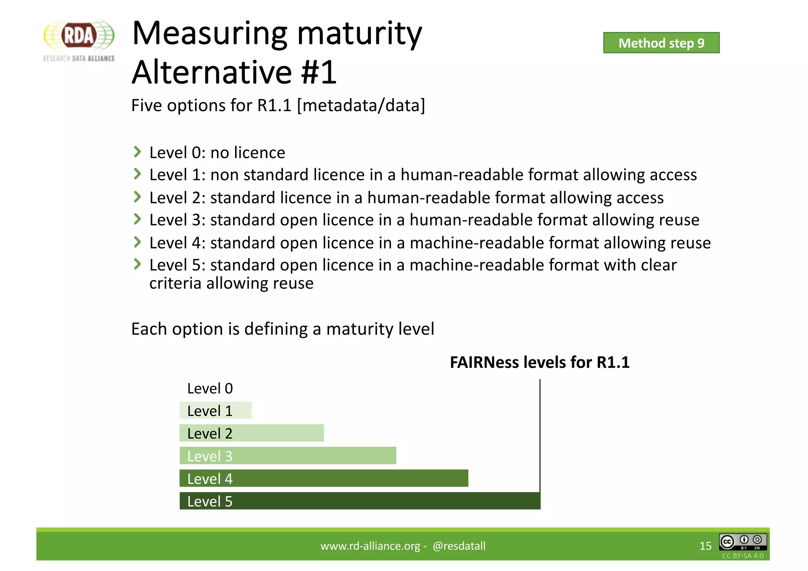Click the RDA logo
click(x=79, y=40)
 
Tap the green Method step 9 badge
click(x=661, y=43)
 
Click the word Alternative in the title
click(x=213, y=72)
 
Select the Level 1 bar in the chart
click(x=215, y=411)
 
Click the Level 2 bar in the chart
click(x=252, y=433)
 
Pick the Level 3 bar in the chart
click(x=288, y=456)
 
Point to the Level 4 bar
click(x=324, y=478)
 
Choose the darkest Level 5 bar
click(x=360, y=501)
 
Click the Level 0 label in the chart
click(x=210, y=388)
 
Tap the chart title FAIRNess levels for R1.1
click(x=539, y=362)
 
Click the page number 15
click(x=705, y=546)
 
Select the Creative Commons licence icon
click(x=743, y=542)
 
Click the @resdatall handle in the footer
click(x=459, y=546)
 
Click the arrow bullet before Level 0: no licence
click(x=137, y=152)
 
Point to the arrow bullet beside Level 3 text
click(x=137, y=219)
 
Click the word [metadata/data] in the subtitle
click(x=361, y=105)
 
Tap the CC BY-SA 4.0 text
click(x=743, y=556)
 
